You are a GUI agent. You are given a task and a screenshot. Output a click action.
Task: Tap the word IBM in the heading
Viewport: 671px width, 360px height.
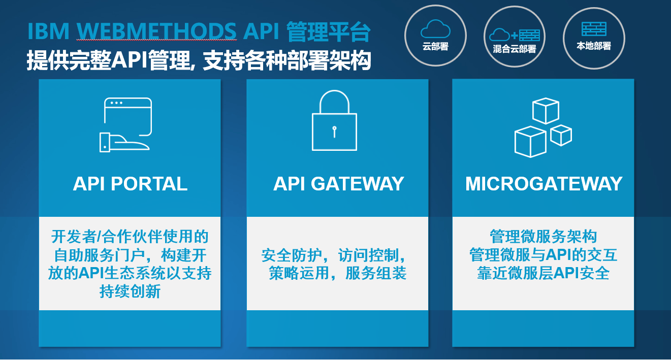(x=48, y=32)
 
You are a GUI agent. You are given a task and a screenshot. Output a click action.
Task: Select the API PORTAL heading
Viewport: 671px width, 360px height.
(x=130, y=184)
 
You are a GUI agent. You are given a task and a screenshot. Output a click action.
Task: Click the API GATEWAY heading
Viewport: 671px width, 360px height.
(x=338, y=184)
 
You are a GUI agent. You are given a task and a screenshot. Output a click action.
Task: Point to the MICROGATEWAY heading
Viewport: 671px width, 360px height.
(x=544, y=184)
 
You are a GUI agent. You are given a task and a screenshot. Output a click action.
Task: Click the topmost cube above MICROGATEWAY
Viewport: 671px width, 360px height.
(x=546, y=111)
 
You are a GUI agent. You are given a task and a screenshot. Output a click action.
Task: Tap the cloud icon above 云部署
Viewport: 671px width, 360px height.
(x=435, y=28)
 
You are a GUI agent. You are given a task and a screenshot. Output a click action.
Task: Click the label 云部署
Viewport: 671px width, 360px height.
(x=435, y=47)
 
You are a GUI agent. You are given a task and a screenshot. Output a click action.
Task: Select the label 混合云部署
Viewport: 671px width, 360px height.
(x=515, y=49)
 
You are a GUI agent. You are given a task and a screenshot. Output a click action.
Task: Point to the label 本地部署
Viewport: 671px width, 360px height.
(x=594, y=46)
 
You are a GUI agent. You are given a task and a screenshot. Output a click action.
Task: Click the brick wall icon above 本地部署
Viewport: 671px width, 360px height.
(x=594, y=29)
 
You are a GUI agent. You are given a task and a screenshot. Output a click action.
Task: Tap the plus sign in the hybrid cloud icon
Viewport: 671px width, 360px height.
(x=515, y=36)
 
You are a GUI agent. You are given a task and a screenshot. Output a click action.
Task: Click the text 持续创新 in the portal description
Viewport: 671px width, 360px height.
(x=130, y=292)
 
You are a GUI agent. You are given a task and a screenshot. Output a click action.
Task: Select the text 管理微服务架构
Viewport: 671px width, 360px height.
(x=543, y=237)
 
